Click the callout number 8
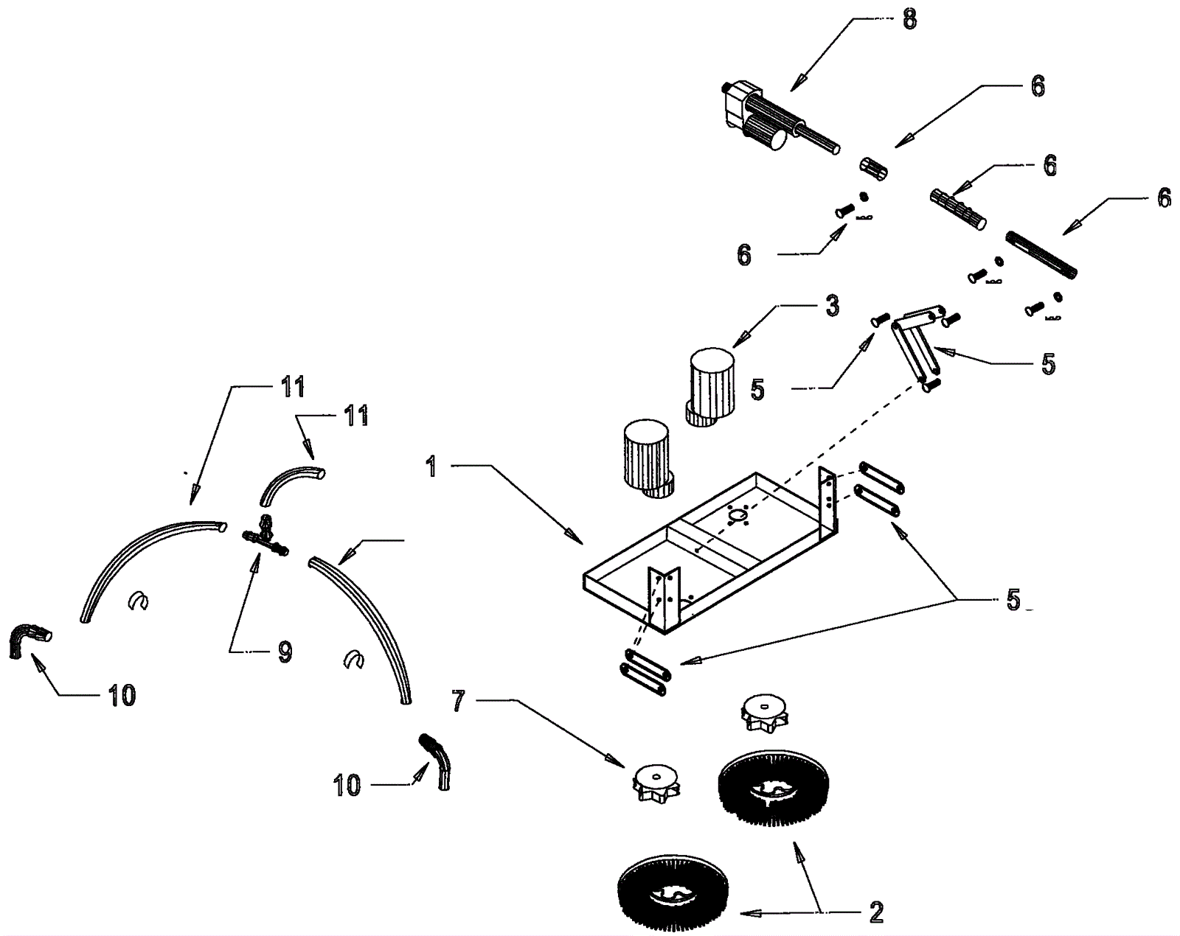click(x=909, y=19)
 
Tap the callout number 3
click(x=832, y=305)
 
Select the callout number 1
click(x=431, y=466)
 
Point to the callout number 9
click(x=285, y=652)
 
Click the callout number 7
click(x=459, y=702)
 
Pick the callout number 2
click(x=876, y=912)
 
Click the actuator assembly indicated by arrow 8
click(x=767, y=122)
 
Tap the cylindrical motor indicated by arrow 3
click(x=712, y=387)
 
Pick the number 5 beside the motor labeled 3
click(x=757, y=389)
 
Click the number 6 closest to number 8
click(x=1037, y=86)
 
